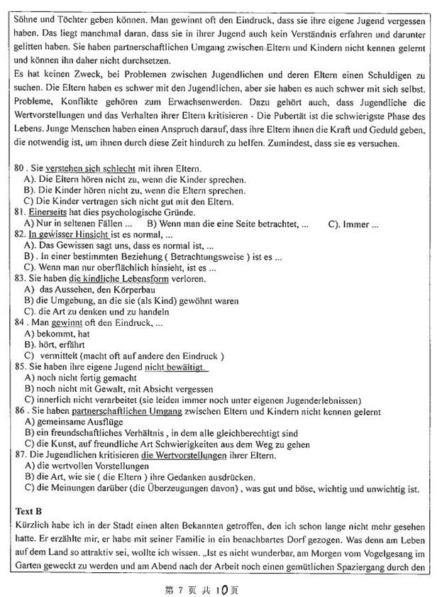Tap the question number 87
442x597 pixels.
[20, 454]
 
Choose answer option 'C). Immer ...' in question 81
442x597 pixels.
[353, 224]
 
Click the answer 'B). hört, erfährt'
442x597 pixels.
[58, 345]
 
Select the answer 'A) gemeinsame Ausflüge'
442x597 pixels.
[72, 422]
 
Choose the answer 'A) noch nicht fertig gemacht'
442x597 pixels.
[80, 378]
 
